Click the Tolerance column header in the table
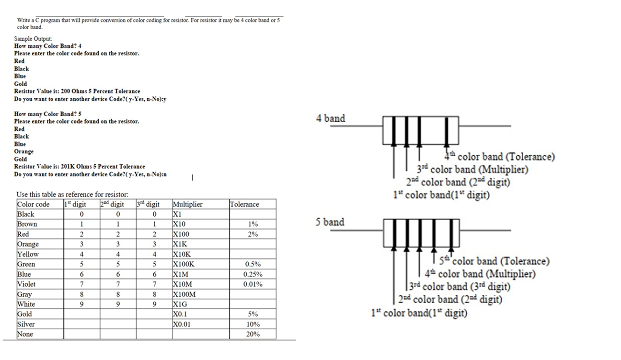[244, 204]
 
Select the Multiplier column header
[187, 204]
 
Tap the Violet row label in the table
[26, 284]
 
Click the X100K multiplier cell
[184, 264]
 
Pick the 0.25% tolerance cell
[253, 274]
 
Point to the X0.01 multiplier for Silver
[183, 324]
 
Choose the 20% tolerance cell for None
[253, 334]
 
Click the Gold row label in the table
[24, 314]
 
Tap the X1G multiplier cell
[181, 304]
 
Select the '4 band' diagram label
[331, 118]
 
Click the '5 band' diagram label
[330, 222]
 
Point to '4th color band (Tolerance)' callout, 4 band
[501, 157]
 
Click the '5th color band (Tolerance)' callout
[497, 261]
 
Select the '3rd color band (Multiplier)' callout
[472, 170]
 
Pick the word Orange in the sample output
[24, 151]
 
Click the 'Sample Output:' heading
[33, 39]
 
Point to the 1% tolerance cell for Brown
[253, 224]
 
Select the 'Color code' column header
[33, 204]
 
